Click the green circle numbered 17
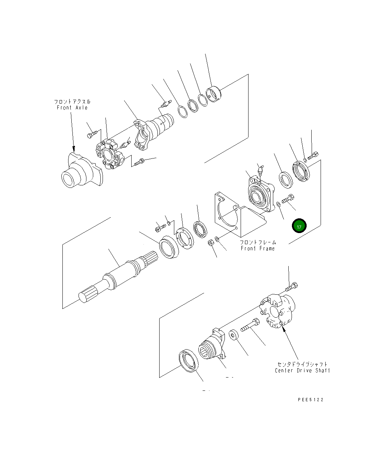tap(299, 226)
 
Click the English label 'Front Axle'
tap(72, 108)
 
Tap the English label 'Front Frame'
tap(257, 248)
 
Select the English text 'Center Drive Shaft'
tap(302, 370)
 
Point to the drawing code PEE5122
tap(311, 400)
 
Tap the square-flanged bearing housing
tap(261, 194)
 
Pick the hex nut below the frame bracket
tap(211, 242)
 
